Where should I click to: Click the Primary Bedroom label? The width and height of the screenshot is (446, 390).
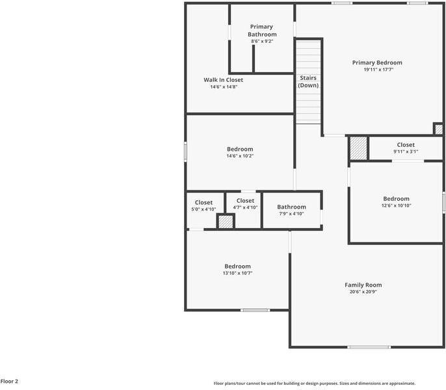coord(377,62)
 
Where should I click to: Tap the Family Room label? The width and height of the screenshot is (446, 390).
coord(363,285)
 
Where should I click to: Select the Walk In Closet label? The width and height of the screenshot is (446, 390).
coord(223,80)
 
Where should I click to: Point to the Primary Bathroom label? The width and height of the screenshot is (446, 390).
coord(262,31)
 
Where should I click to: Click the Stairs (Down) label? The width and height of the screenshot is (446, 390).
coord(308,81)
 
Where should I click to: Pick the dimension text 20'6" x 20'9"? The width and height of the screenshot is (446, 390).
coord(363,292)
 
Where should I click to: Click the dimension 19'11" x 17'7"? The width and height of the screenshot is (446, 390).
coord(377,70)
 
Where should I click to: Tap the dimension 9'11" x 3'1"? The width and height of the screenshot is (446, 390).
coord(406,151)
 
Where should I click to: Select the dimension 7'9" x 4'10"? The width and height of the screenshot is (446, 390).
coord(291,214)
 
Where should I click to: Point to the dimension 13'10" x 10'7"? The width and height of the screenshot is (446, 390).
coord(237,273)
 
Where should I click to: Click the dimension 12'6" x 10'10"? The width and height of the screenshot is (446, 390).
coord(396,205)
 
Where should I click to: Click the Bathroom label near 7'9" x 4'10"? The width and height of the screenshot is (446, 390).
coord(291,207)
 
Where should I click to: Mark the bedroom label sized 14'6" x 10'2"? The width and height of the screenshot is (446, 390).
coord(240,149)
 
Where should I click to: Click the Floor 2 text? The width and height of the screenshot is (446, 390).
coord(9,382)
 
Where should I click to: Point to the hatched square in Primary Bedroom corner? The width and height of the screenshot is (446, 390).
coord(438,129)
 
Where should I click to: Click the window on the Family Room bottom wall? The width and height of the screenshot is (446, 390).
coord(369,347)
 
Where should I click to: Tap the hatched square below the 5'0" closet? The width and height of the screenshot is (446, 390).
coord(225,222)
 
